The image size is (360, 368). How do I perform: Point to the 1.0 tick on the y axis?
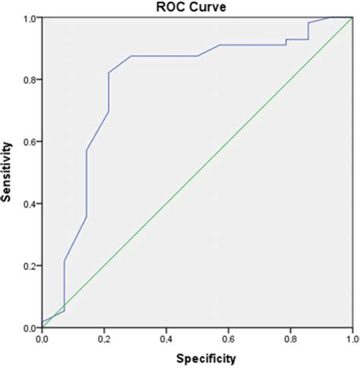[30, 17]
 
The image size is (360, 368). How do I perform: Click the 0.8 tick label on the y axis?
[30, 80]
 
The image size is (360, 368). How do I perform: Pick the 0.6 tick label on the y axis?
[30, 142]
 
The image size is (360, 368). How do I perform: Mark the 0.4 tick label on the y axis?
[30, 203]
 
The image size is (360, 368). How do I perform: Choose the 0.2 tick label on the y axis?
[30, 266]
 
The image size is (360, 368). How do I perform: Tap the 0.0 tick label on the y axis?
[30, 328]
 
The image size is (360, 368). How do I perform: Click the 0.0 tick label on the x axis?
[43, 338]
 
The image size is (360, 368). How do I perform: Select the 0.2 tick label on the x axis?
[104, 338]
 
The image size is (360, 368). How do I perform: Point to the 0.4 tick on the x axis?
[166, 338]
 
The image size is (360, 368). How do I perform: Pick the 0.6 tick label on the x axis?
[229, 338]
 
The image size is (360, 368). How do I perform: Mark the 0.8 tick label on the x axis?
[290, 338]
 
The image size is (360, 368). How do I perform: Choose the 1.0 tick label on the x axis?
[350, 338]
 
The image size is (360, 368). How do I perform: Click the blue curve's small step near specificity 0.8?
[286, 42]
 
